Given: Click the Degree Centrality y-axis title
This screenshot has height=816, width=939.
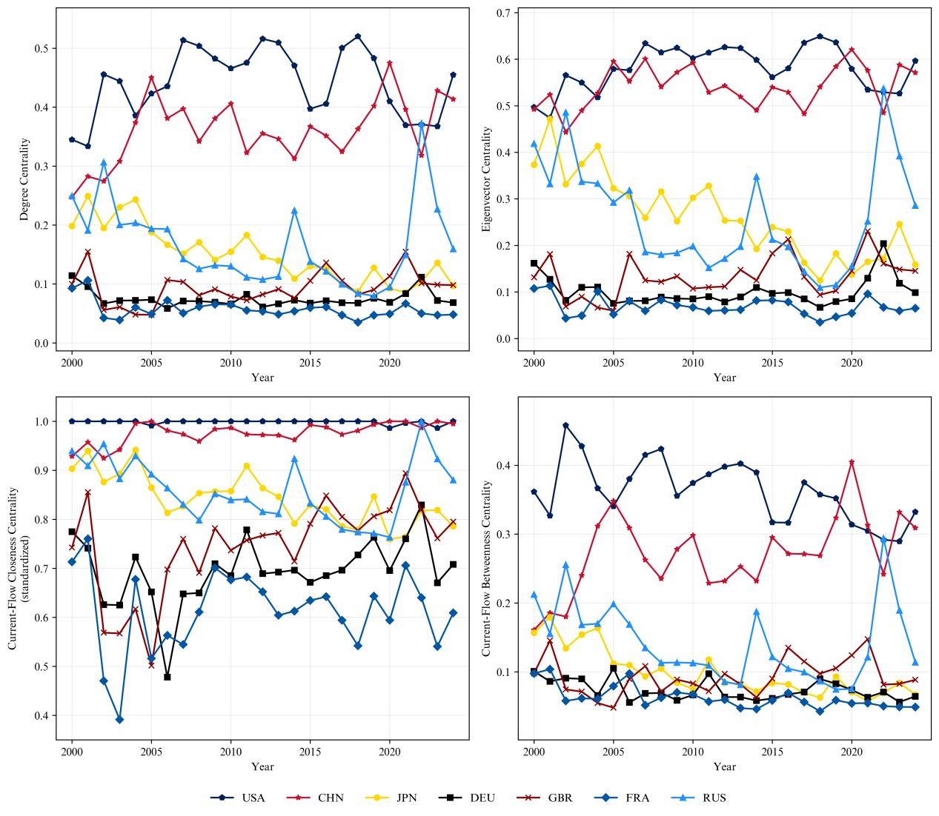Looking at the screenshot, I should click(24, 179).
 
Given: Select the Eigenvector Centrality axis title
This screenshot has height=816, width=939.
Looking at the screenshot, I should click(487, 179).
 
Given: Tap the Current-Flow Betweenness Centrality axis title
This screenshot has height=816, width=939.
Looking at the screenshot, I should click(487, 568).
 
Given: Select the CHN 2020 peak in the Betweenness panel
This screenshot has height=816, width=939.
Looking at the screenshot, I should click(852, 462).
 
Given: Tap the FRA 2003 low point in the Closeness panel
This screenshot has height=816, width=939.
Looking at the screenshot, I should click(119, 720).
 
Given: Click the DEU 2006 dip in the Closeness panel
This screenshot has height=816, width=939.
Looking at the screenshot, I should click(167, 677).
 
